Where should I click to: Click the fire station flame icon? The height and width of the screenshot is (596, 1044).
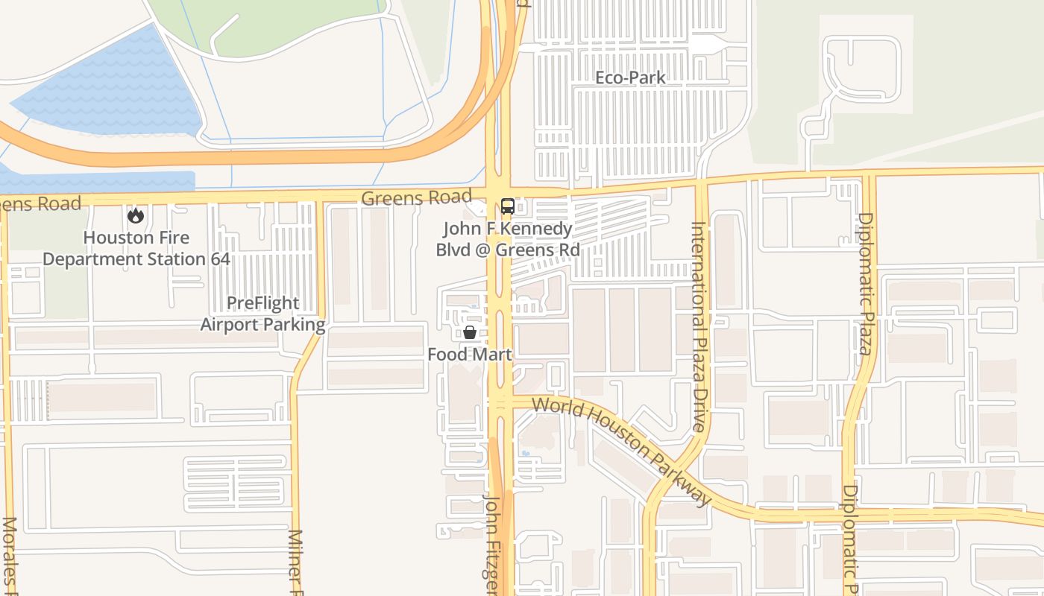tap(135, 216)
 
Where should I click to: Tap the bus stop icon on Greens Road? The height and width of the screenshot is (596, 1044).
tap(507, 206)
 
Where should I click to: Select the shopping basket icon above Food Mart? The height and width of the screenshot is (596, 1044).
tap(470, 332)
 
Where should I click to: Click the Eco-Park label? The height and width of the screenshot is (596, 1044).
tap(630, 77)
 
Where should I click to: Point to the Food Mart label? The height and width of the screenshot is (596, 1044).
tap(470, 355)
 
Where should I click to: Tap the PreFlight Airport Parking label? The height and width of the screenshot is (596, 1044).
tap(262, 314)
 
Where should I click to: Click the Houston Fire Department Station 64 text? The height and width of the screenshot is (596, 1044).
tap(136, 249)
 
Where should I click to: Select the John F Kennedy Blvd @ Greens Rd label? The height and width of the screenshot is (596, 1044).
tap(508, 239)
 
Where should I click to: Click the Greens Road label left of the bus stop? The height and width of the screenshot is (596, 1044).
tap(416, 198)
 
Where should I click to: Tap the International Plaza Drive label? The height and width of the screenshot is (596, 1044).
tap(699, 326)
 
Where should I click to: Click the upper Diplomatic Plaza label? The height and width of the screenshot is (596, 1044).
tap(865, 283)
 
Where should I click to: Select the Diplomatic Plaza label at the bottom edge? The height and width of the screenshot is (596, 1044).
tap(851, 539)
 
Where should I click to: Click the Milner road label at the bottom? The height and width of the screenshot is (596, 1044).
tap(295, 562)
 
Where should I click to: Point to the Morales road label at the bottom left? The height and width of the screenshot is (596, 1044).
tap(10, 555)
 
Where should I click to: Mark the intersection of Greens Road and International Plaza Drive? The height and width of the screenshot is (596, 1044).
tap(701, 182)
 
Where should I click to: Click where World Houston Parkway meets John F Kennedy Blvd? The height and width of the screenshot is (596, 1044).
tap(500, 402)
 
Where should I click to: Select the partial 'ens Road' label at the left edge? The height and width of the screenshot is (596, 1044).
tap(40, 203)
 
